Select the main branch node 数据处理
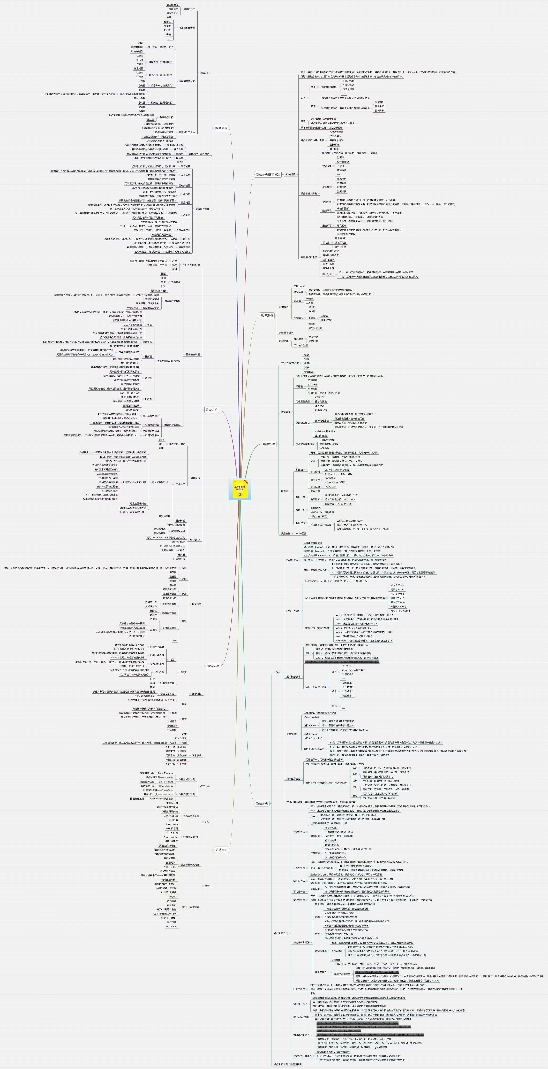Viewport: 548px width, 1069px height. tap(269, 444)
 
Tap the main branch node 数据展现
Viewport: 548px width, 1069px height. tap(221, 128)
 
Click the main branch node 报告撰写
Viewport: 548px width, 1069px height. tap(213, 666)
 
